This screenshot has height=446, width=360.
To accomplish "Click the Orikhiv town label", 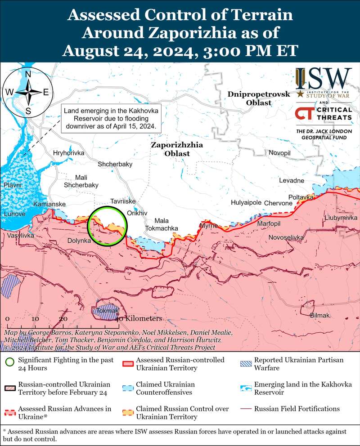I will pyautogui.click(x=137, y=213).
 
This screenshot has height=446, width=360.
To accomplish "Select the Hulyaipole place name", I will pyautogui.click(x=246, y=203).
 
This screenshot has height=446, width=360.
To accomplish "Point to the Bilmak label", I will pyautogui.click(x=320, y=316).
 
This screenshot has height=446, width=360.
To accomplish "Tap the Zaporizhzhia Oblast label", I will pyautogui.click(x=177, y=149).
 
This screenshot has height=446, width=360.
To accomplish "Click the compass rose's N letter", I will pyautogui.click(x=28, y=74).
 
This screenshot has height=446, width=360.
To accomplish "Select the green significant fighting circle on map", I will pyautogui.click(x=107, y=226).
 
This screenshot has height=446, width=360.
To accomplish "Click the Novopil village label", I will pyautogui.click(x=280, y=153).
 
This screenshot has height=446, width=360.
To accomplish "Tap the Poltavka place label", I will pyautogui.click(x=301, y=197).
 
